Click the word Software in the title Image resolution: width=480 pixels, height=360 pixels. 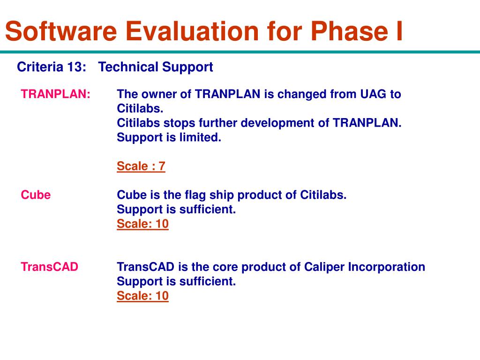(61, 31)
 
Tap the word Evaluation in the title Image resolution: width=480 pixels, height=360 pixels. (192, 31)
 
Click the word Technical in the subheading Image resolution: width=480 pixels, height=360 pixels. (128, 67)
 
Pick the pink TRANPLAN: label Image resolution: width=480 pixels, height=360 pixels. (56, 94)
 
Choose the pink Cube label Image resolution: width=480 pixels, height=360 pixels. (36, 195)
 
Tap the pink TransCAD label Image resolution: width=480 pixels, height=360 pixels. (50, 267)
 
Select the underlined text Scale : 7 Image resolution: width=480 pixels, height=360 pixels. (141, 166)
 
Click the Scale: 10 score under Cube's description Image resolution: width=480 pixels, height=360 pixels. (142, 224)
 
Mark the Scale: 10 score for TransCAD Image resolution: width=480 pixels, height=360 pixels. (142, 296)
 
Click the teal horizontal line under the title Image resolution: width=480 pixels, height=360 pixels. (240, 52)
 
